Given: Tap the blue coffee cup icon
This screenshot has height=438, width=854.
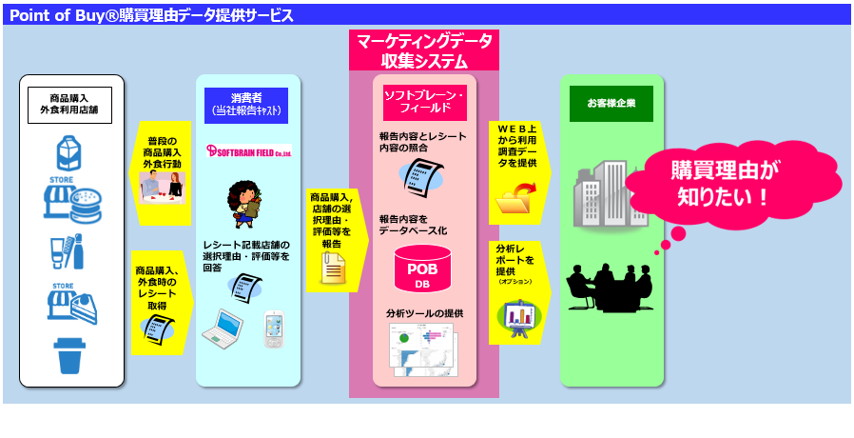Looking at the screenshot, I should (71, 355).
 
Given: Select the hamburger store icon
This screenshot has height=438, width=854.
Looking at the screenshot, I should (72, 202).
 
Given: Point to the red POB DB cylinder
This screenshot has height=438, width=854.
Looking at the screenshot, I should (423, 269).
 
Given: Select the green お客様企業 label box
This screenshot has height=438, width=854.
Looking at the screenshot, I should (611, 103).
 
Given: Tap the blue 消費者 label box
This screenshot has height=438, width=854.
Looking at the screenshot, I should (246, 103).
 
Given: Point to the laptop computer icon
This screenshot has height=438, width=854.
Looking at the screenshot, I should (223, 329).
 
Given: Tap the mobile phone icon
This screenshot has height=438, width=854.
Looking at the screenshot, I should (274, 329).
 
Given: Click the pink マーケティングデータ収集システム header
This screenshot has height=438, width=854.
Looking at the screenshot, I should (424, 50).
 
